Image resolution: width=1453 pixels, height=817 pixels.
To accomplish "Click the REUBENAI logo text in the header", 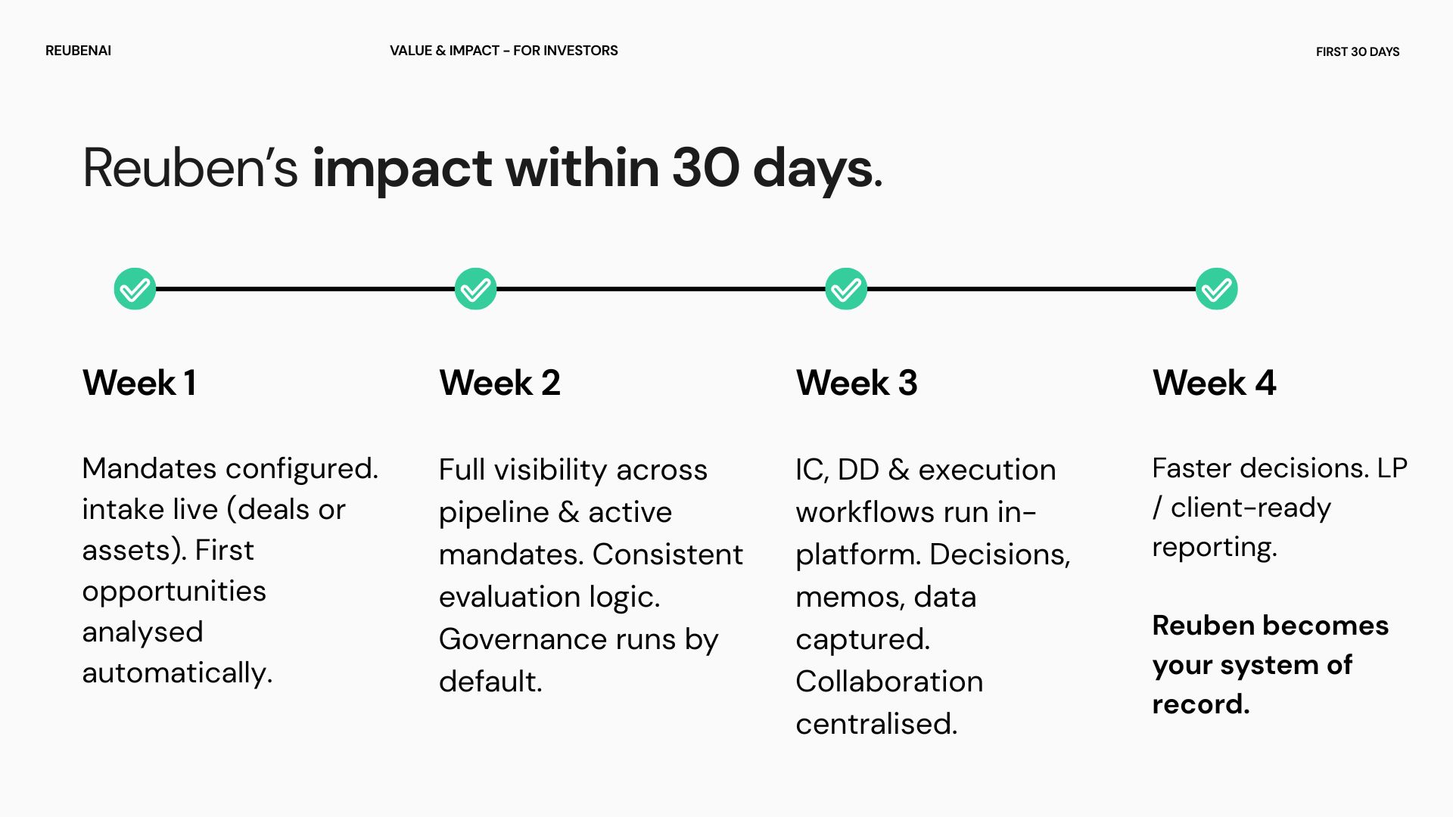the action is [x=78, y=51].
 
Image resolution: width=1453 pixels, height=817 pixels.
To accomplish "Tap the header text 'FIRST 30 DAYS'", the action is [x=1358, y=51].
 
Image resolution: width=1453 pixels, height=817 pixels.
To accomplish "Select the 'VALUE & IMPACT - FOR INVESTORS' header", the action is [x=504, y=51].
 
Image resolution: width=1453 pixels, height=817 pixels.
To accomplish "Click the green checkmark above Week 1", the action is [x=135, y=289].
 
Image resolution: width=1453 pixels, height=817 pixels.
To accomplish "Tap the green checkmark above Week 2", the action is [x=475, y=289].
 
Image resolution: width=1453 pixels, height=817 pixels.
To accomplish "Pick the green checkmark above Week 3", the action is [x=846, y=289].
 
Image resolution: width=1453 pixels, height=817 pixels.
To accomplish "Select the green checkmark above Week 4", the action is [x=1217, y=289].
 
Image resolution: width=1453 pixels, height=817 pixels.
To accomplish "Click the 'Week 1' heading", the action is [x=140, y=383].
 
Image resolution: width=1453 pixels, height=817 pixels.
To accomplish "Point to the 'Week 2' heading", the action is [x=500, y=383].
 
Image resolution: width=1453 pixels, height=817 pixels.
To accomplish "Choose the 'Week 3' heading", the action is [x=857, y=383].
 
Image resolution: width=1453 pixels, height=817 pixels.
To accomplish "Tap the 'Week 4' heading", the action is [x=1215, y=383].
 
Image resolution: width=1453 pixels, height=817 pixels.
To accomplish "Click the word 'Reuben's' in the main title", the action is [x=191, y=168].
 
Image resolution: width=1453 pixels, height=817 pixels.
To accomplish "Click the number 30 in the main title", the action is [x=706, y=168].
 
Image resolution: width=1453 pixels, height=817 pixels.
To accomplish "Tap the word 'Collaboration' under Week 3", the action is [x=890, y=682].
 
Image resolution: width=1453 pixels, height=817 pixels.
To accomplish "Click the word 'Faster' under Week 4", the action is [x=1191, y=468].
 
